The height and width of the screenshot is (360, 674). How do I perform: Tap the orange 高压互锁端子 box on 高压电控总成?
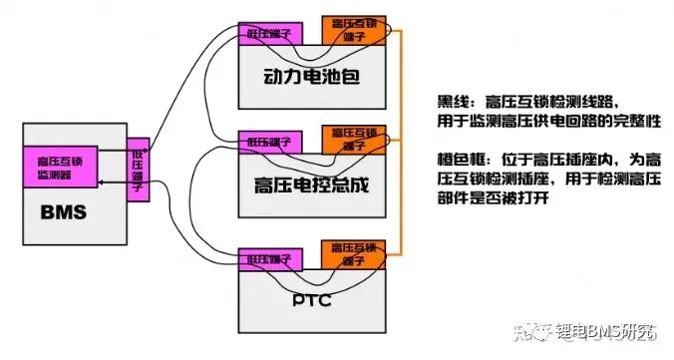(351, 139)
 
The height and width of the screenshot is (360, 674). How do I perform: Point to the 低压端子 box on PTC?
(266, 258)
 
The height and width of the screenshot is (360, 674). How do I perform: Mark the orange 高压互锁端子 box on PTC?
(351, 252)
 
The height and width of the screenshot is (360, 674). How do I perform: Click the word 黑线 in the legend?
(454, 101)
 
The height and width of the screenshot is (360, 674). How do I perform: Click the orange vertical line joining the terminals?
(399, 140)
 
